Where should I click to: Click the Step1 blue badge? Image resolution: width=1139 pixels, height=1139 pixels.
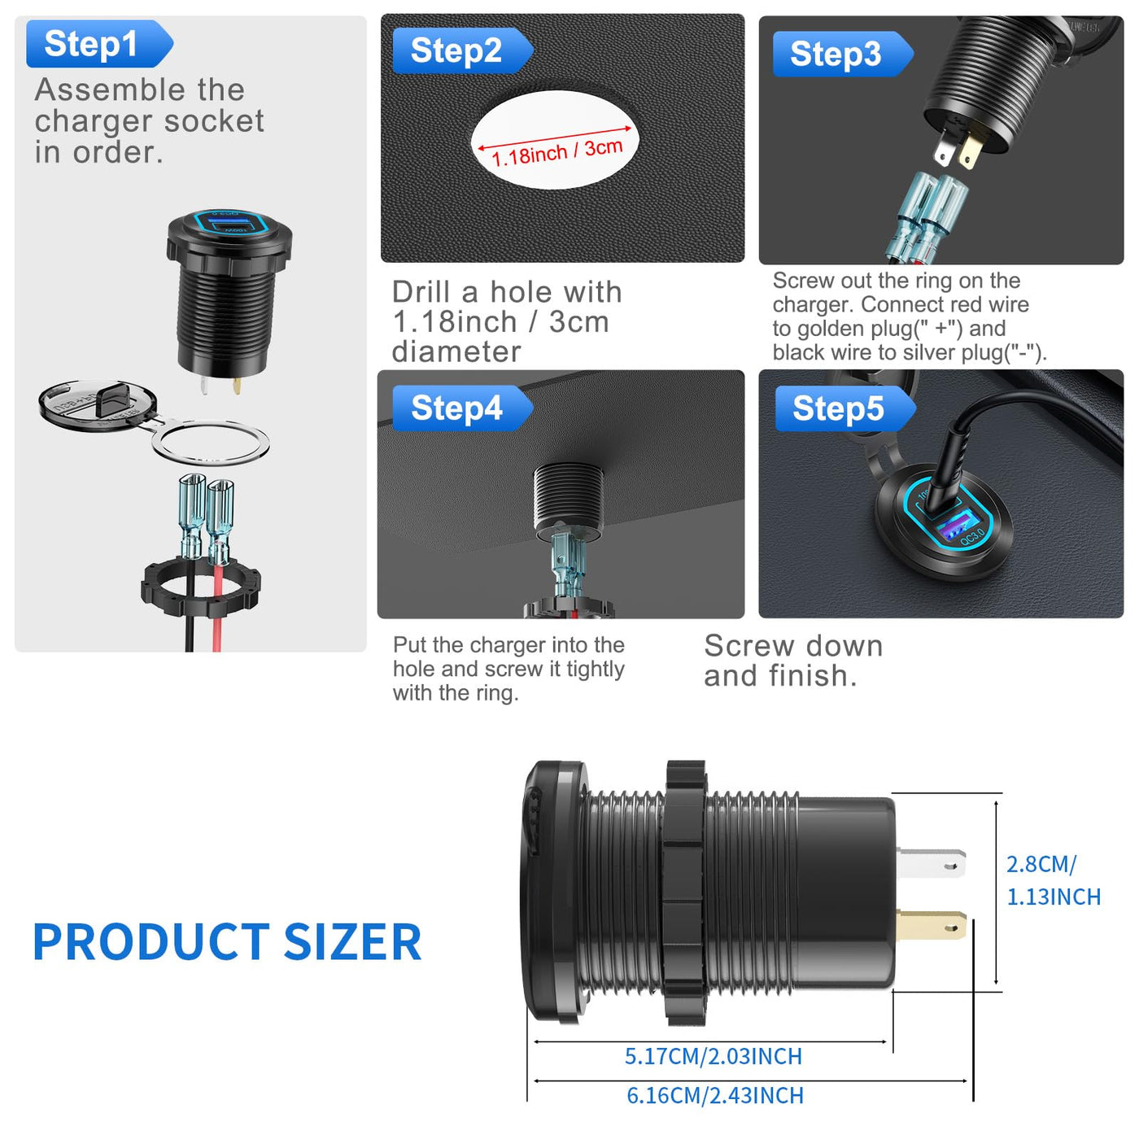[99, 44]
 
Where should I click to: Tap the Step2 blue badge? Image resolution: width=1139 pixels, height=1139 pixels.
[462, 50]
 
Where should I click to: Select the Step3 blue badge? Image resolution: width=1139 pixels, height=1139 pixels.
[843, 54]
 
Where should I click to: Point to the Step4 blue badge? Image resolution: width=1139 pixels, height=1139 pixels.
[462, 408]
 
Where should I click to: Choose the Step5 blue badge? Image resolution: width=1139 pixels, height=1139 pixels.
[845, 408]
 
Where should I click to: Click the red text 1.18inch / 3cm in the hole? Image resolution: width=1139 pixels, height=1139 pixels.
[556, 152]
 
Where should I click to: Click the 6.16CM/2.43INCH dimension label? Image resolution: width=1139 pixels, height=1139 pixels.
[714, 1095]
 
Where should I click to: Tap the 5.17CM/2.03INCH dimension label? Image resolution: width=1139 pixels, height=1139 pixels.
[713, 1056]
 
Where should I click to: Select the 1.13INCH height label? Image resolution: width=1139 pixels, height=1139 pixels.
[1054, 897]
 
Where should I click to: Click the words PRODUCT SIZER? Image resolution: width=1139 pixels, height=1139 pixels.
[227, 942]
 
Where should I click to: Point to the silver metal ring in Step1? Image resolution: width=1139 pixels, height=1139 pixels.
[211, 443]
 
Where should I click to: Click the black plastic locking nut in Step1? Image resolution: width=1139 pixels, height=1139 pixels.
[200, 585]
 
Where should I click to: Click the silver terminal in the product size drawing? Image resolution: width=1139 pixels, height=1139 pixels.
[931, 864]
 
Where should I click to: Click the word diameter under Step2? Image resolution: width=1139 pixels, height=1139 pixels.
[456, 351]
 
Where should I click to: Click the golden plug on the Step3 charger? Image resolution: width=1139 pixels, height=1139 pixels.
[970, 151]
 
